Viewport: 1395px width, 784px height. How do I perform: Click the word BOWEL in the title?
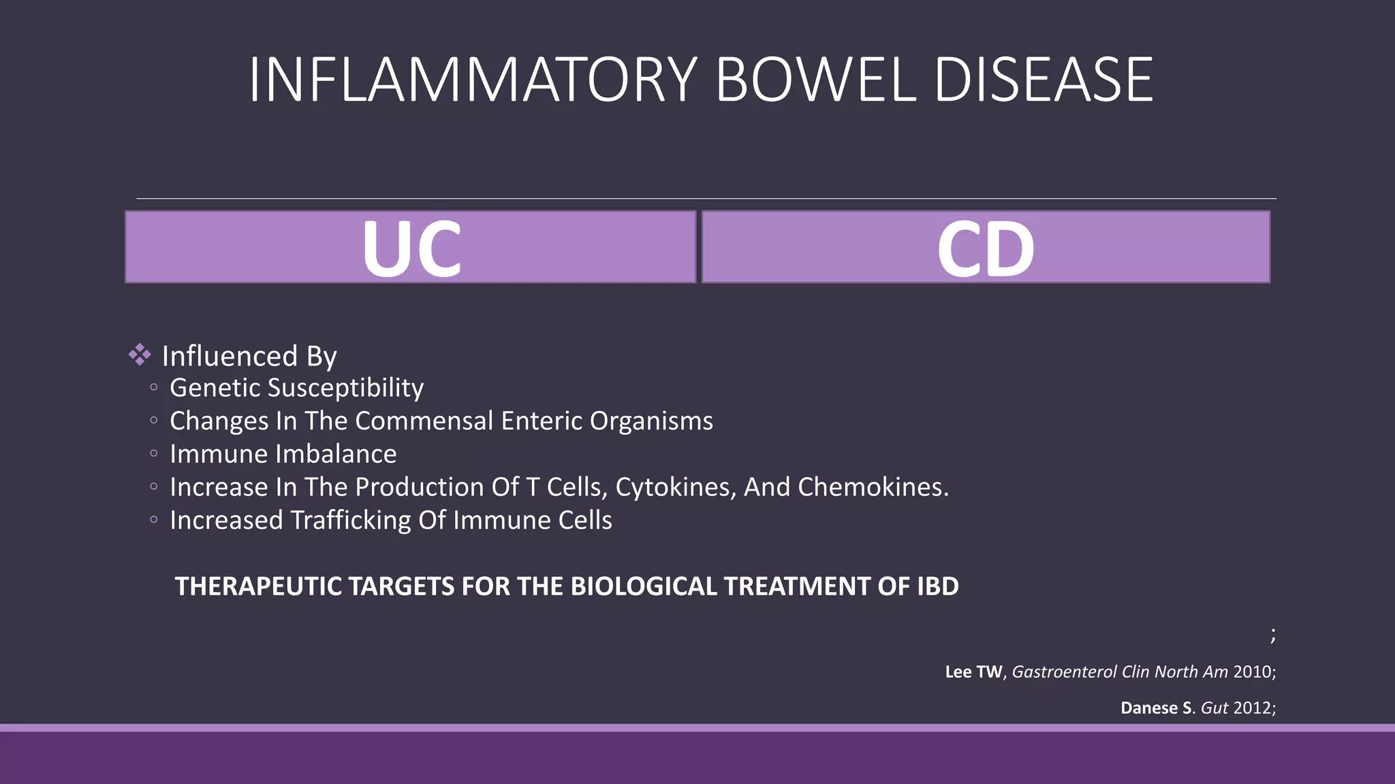pyautogui.click(x=816, y=80)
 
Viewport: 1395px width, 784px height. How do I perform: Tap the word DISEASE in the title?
pyautogui.click(x=1044, y=80)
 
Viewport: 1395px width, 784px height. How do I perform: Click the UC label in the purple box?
pyautogui.click(x=411, y=248)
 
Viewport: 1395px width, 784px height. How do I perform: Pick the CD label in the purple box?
pyautogui.click(x=986, y=248)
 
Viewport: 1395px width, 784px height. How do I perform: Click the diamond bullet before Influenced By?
pyautogui.click(x=140, y=355)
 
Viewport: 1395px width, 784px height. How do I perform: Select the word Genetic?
pyautogui.click(x=215, y=388)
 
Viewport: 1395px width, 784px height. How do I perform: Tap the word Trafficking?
pyautogui.click(x=351, y=521)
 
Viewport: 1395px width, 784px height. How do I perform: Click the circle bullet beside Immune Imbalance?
pyautogui.click(x=154, y=453)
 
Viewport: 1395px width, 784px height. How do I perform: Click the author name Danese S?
pyautogui.click(x=1156, y=708)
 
